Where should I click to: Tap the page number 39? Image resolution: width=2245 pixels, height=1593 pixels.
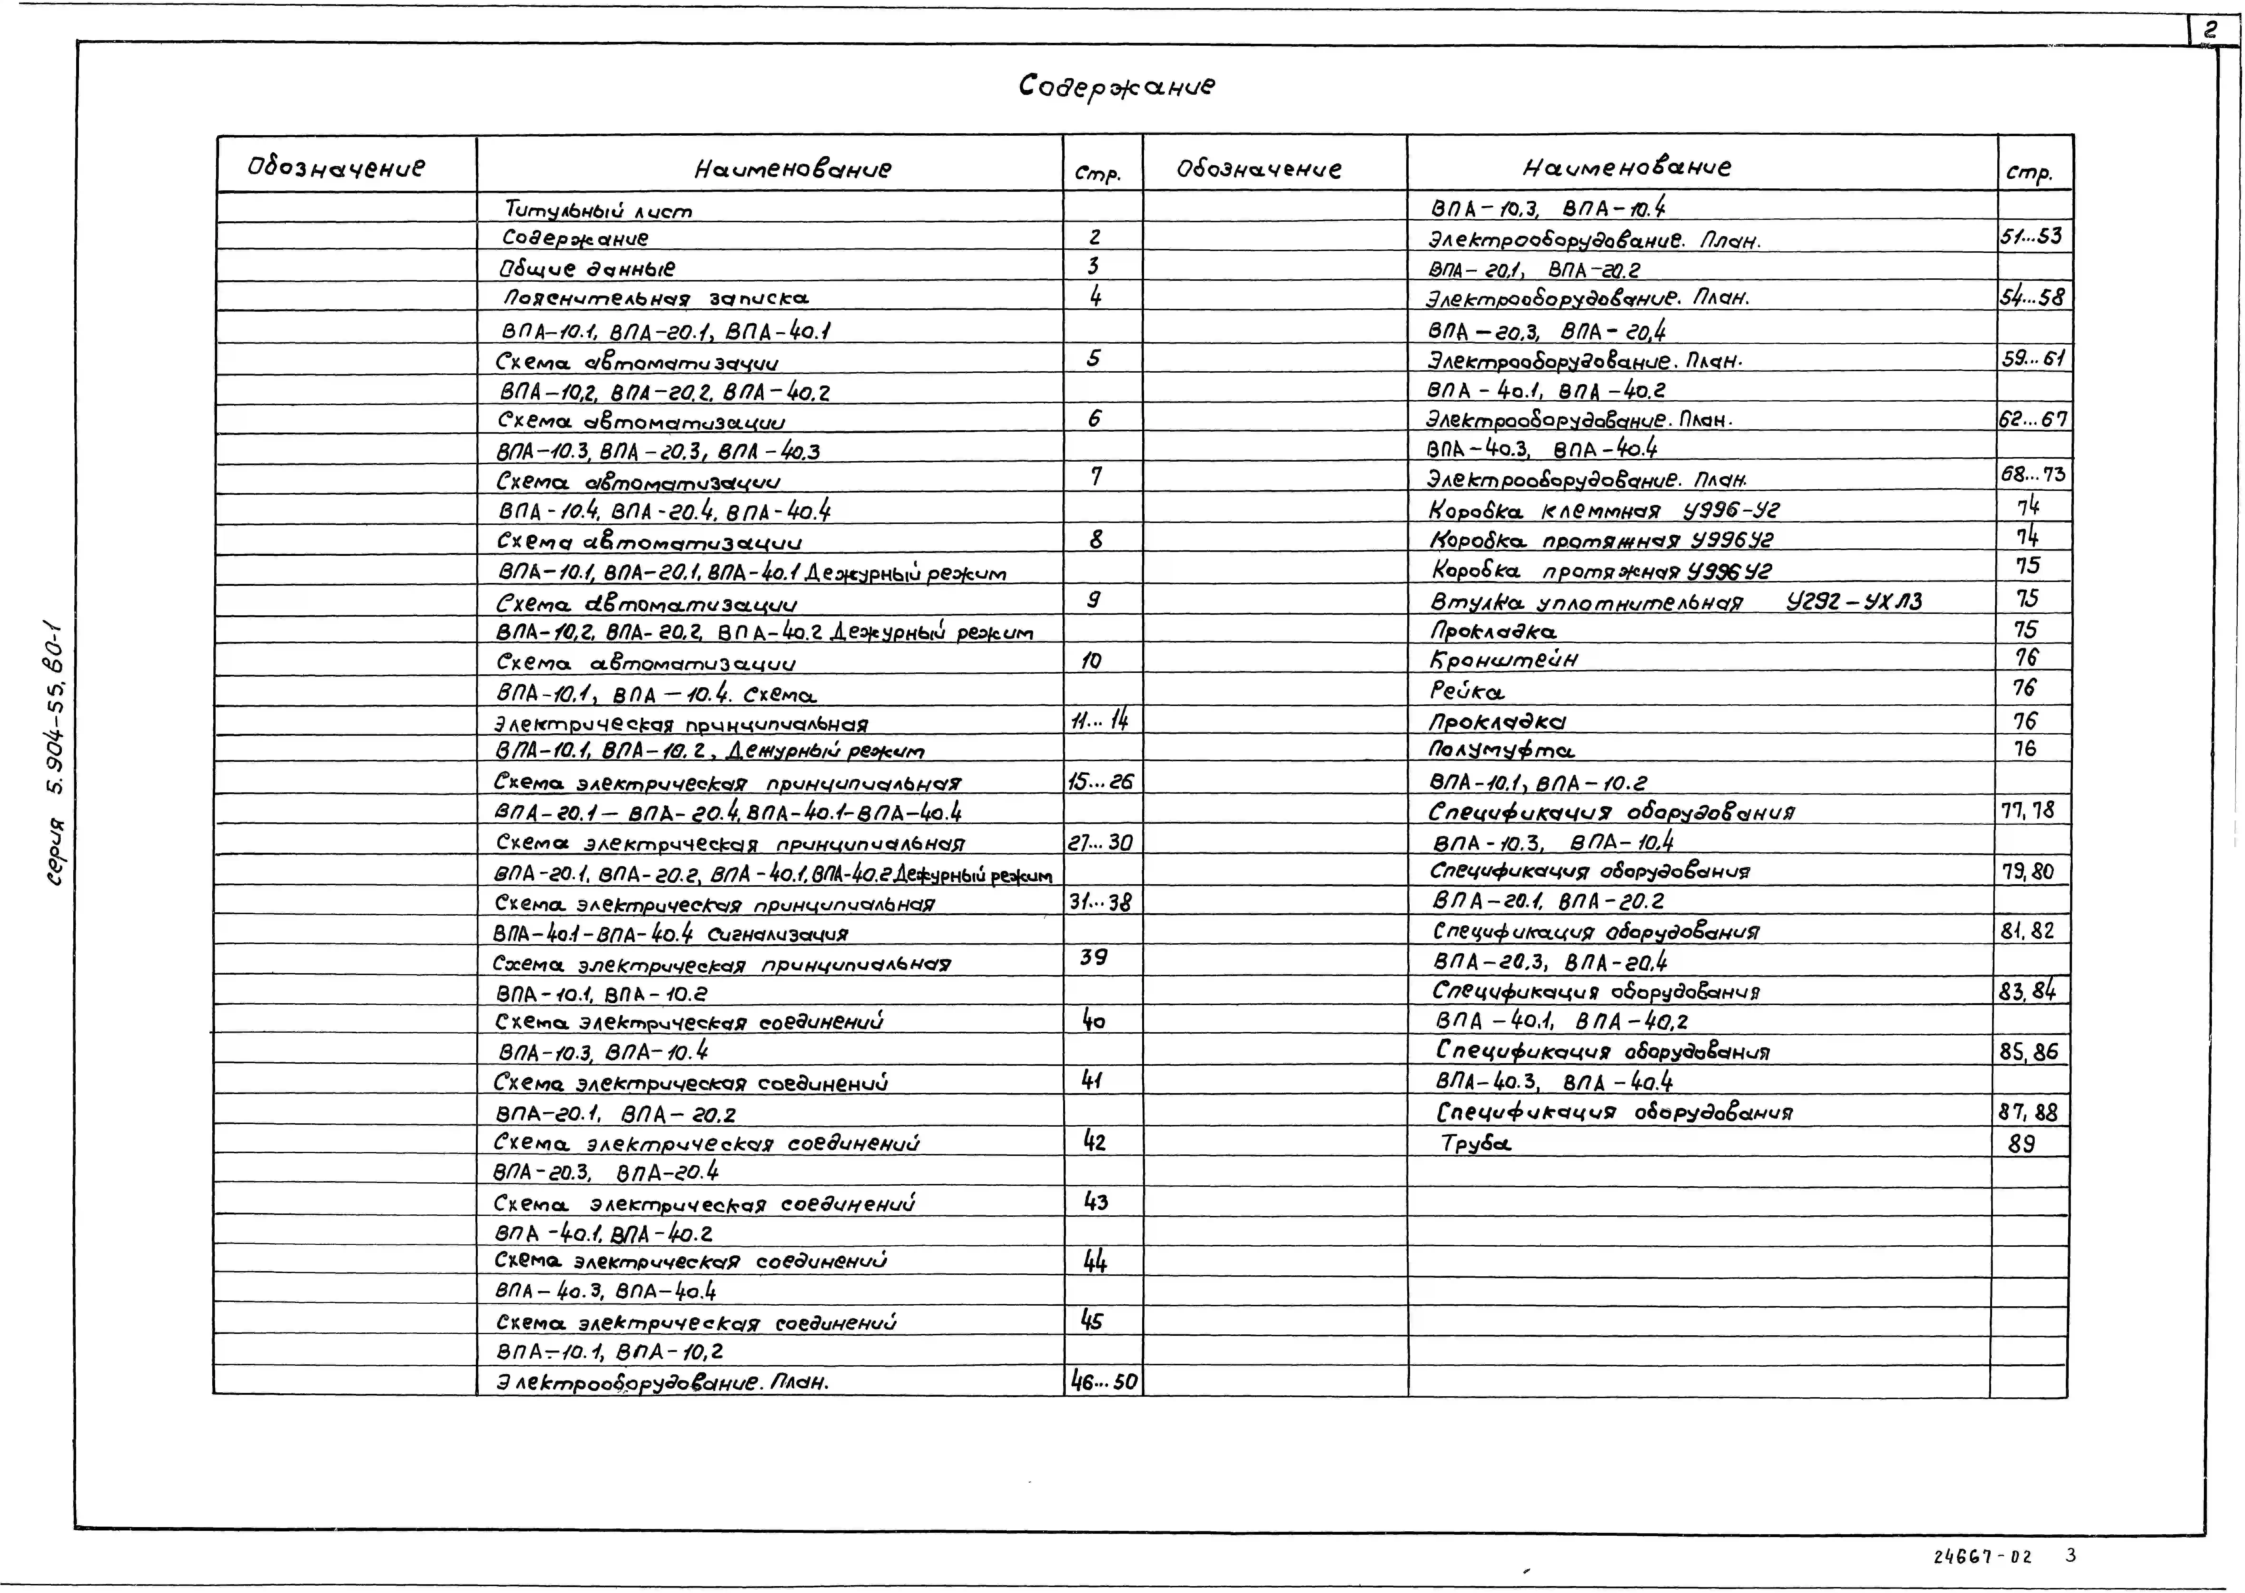[1094, 956]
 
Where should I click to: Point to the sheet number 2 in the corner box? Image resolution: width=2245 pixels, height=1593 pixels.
[2209, 30]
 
